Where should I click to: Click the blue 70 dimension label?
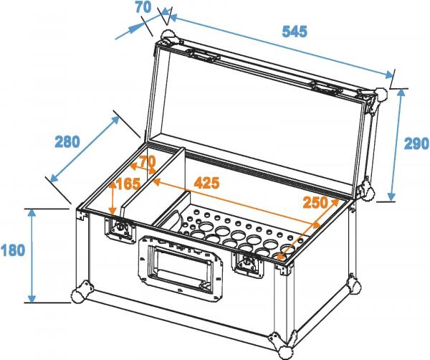point(143,9)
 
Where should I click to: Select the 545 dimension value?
point(294,32)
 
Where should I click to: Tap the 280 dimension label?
point(67,141)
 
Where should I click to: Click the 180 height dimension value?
point(14,250)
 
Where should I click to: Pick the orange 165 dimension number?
point(128,184)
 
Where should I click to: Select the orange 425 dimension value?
point(206,182)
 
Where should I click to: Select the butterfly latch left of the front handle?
point(118,229)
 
